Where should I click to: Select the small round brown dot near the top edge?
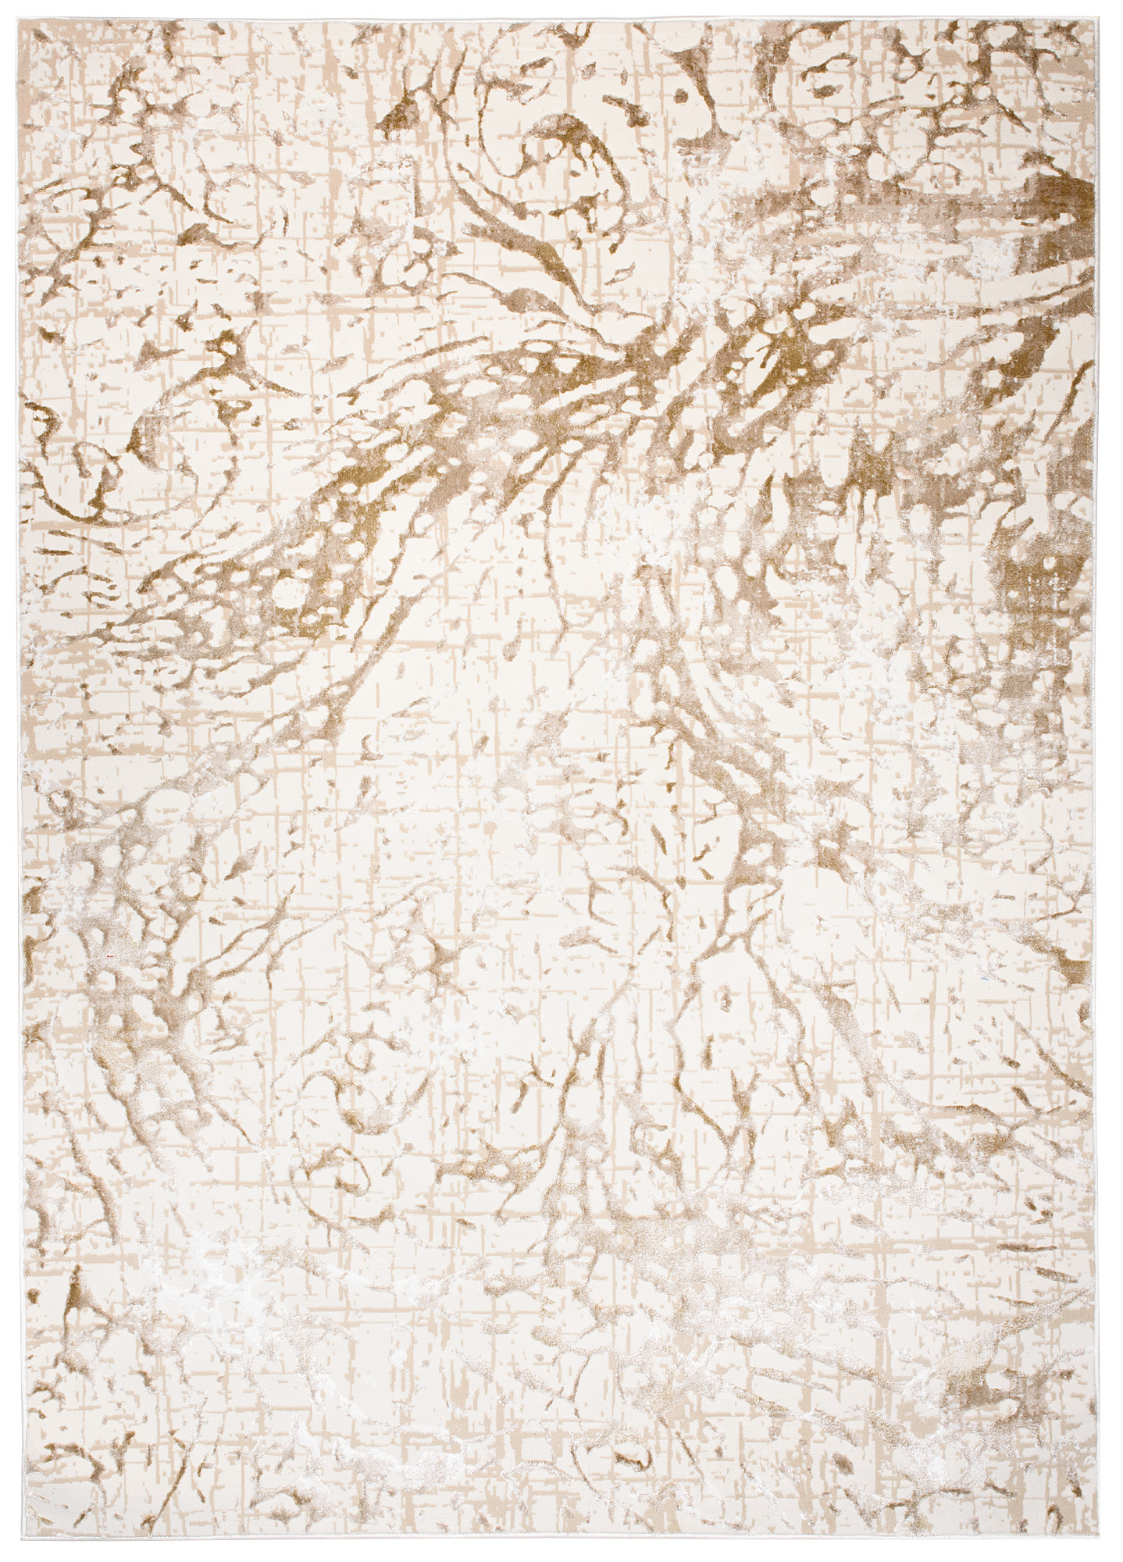click(681, 96)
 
